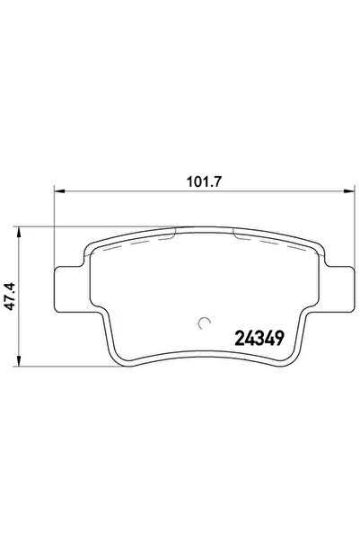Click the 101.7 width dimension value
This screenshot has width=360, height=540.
tap(204, 181)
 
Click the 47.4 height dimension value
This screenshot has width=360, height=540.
tap(11, 296)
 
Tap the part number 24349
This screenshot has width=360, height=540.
tap(259, 338)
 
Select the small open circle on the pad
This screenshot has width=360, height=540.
tap(205, 323)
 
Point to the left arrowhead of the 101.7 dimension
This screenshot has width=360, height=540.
tap(59, 190)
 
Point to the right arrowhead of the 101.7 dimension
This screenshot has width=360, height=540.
tap(349, 190)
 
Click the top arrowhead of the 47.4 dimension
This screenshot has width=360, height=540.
tap(19, 232)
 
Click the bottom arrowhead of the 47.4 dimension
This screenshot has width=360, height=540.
tap(19, 361)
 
